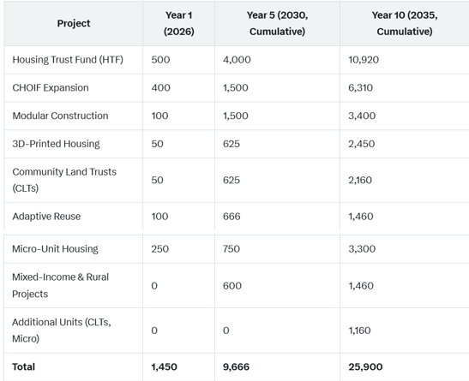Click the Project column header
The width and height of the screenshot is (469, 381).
[x=74, y=23]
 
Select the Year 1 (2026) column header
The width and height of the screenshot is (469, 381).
[x=179, y=23]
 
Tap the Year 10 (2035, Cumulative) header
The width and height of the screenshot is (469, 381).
[x=405, y=23]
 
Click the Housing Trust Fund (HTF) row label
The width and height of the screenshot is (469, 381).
[x=68, y=60]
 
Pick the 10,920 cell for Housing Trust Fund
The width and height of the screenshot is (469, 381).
[x=364, y=60]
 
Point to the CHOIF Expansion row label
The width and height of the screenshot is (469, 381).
[x=51, y=88]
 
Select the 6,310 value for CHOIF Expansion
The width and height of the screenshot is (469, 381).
[x=360, y=88]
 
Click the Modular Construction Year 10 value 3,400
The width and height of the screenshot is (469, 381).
[x=362, y=116]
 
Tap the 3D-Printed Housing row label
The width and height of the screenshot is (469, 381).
[x=56, y=144]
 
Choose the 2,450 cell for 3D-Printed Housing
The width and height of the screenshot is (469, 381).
[x=361, y=144]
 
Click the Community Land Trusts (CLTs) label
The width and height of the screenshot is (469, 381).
[x=64, y=180]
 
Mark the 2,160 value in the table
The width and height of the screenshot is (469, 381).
[x=360, y=180]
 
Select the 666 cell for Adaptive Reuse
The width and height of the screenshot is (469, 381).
[x=231, y=216]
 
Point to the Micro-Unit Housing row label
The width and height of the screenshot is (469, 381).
[x=55, y=249]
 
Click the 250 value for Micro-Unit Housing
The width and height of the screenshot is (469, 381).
[x=159, y=249]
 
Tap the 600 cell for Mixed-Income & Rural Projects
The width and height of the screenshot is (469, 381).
[x=231, y=286]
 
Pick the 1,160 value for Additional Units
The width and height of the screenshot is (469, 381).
[x=359, y=330]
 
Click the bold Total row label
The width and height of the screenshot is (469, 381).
[x=23, y=366]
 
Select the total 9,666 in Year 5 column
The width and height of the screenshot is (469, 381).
[x=236, y=366]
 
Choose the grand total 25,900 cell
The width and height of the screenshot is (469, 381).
[x=365, y=366]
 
